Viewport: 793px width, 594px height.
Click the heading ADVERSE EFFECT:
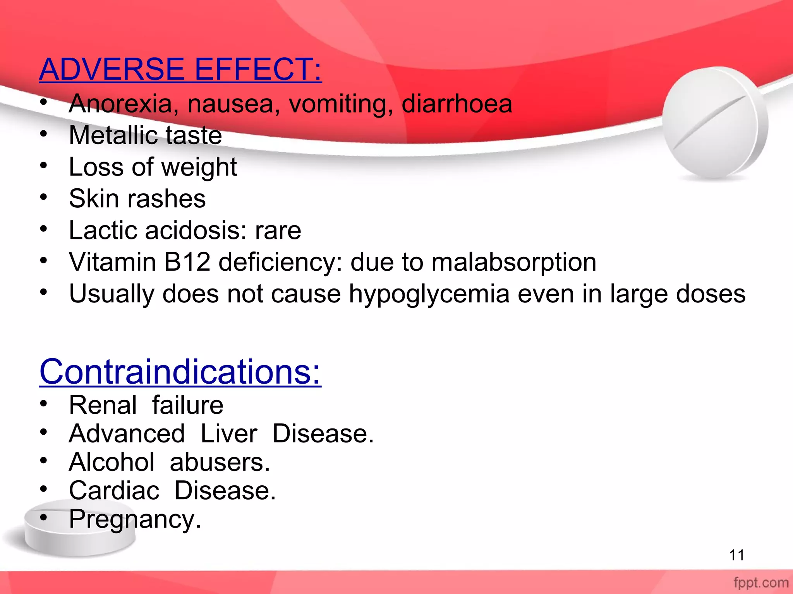click(x=180, y=69)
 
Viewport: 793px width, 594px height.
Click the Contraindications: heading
click(x=180, y=372)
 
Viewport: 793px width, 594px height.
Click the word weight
click(x=199, y=168)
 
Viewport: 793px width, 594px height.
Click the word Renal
click(x=103, y=405)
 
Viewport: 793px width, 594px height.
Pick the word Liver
click(x=228, y=434)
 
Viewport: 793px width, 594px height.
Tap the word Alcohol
click(x=112, y=462)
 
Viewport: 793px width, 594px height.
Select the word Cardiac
click(x=114, y=490)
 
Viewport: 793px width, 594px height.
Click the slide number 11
click(x=736, y=555)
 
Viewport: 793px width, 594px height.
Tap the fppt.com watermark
click(x=761, y=583)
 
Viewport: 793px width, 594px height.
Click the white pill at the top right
click(x=715, y=123)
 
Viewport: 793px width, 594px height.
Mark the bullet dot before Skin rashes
click(x=44, y=197)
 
